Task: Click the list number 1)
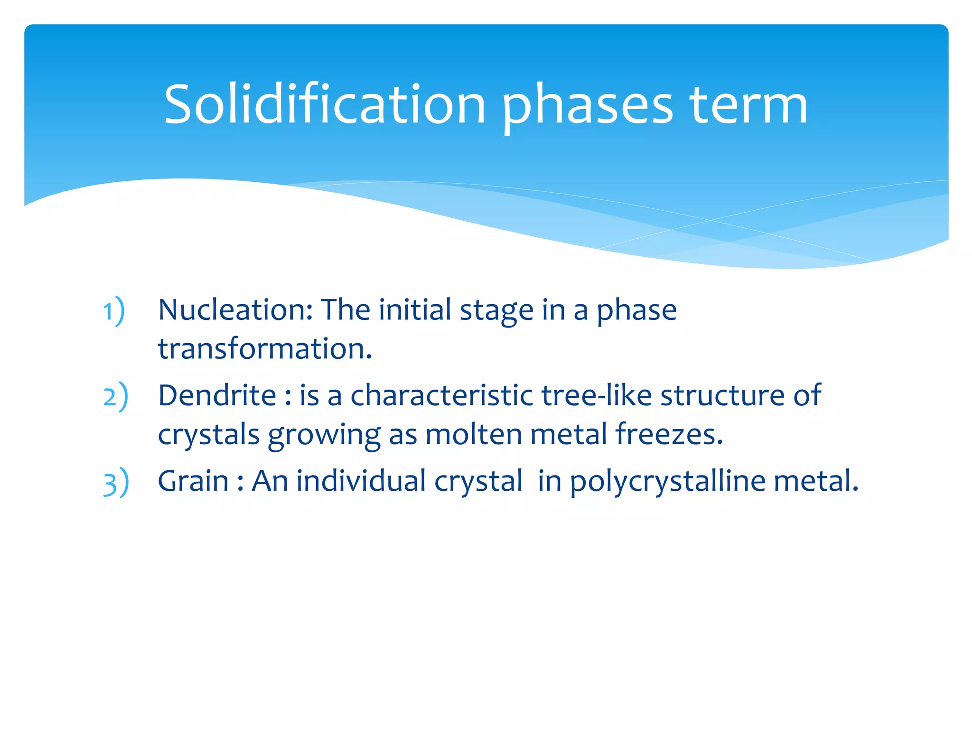pyautogui.click(x=114, y=311)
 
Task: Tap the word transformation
pyautogui.click(x=264, y=349)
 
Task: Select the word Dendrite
pyautogui.click(x=217, y=395)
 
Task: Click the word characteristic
pyautogui.click(x=441, y=395)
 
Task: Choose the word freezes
pyautogui.click(x=669, y=434)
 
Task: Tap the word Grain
pyautogui.click(x=193, y=481)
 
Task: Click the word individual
pyautogui.click(x=361, y=481)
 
